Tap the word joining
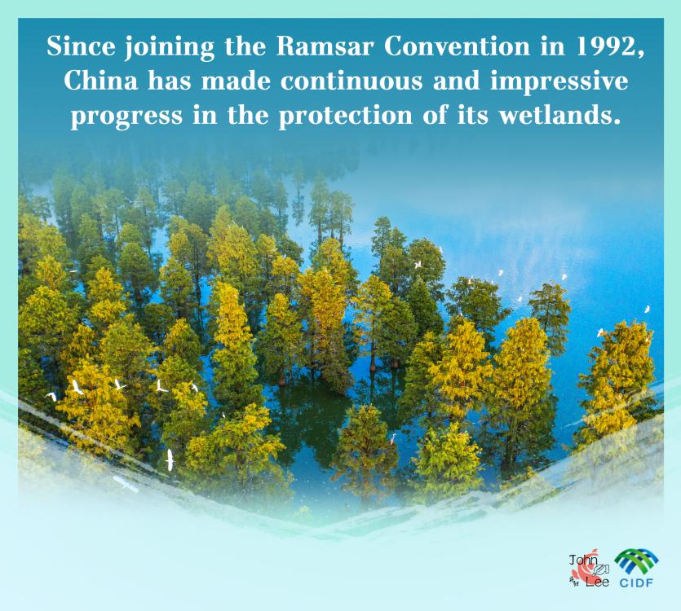coord(170,48)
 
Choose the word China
coord(100,81)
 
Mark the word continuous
coord(351,81)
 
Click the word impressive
coord(559,82)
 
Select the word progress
coord(126,117)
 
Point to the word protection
coord(345,116)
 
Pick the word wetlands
coord(559,116)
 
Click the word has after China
coord(170,81)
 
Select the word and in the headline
coord(456,81)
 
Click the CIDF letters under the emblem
coord(636,582)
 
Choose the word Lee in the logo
coord(597,582)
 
